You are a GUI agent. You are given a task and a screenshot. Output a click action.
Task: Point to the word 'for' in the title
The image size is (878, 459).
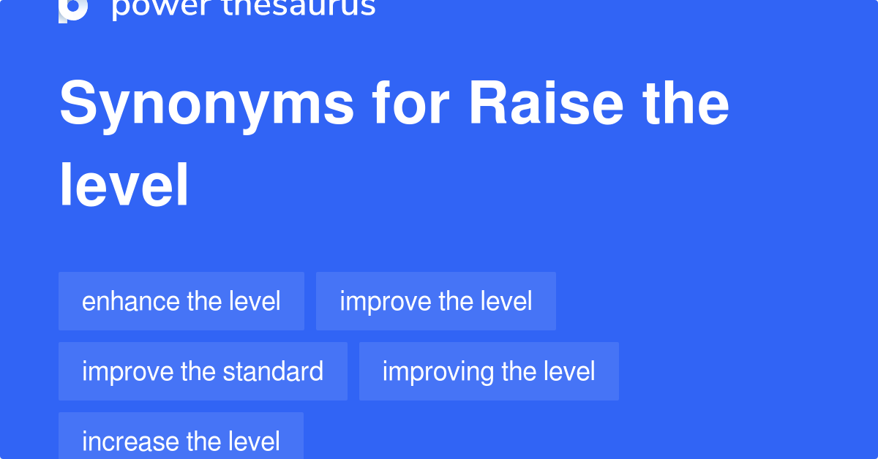411,104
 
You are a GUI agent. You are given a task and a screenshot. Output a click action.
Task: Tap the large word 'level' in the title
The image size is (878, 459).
124,186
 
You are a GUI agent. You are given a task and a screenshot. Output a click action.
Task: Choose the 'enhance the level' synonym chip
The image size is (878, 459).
181,301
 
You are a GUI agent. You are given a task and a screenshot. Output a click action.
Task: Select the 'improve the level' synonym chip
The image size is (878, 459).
435,301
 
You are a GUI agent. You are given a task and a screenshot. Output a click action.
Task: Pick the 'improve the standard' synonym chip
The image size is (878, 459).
203,371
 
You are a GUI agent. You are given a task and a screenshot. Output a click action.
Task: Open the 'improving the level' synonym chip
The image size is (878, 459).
489,371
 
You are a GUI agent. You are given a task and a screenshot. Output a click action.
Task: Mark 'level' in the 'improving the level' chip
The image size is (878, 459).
569,371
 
